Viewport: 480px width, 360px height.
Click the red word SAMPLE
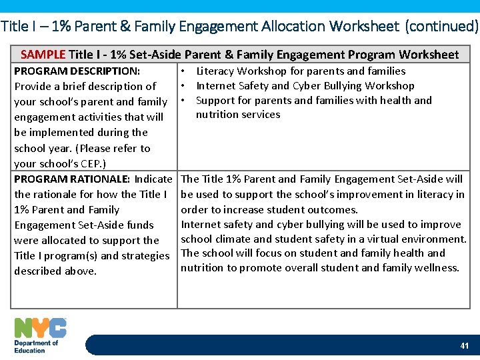43,55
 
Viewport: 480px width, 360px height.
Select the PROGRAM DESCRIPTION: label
77,71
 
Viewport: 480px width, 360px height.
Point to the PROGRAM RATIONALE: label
72,179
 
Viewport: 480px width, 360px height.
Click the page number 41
464,345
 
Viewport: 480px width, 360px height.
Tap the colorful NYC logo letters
40,327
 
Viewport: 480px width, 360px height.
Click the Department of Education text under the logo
36,346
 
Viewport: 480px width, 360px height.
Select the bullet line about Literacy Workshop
300,71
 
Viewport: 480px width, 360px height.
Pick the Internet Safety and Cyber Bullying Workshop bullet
305,85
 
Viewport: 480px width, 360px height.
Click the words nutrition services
238,115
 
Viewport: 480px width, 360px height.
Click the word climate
233,239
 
